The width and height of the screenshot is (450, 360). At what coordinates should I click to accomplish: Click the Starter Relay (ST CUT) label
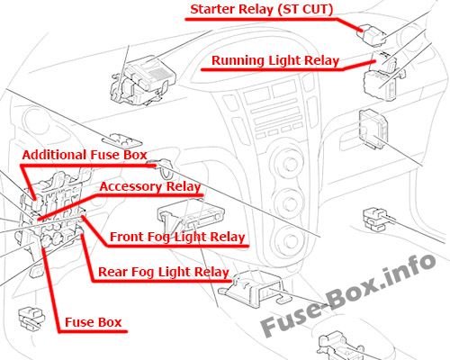[262, 9]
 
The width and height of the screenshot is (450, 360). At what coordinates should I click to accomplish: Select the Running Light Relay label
[275, 60]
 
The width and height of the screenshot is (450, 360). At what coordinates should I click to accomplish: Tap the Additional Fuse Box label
[85, 155]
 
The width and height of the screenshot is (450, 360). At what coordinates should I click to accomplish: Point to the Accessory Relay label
[150, 187]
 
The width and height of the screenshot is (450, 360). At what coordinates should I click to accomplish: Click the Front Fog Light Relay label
[177, 237]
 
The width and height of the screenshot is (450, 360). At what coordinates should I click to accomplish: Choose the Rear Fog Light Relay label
[164, 272]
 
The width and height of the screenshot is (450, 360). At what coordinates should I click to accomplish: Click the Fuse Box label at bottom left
[94, 322]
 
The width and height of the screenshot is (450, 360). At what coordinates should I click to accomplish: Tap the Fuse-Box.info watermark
[348, 295]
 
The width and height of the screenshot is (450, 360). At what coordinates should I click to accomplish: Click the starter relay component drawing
[373, 36]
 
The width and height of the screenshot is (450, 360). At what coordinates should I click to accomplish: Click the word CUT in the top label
[317, 9]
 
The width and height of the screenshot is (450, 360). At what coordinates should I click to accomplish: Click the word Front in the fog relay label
[127, 237]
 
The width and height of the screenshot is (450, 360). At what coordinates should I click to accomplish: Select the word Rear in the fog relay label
[112, 272]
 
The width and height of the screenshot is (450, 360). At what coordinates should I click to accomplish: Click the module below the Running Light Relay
[373, 129]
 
